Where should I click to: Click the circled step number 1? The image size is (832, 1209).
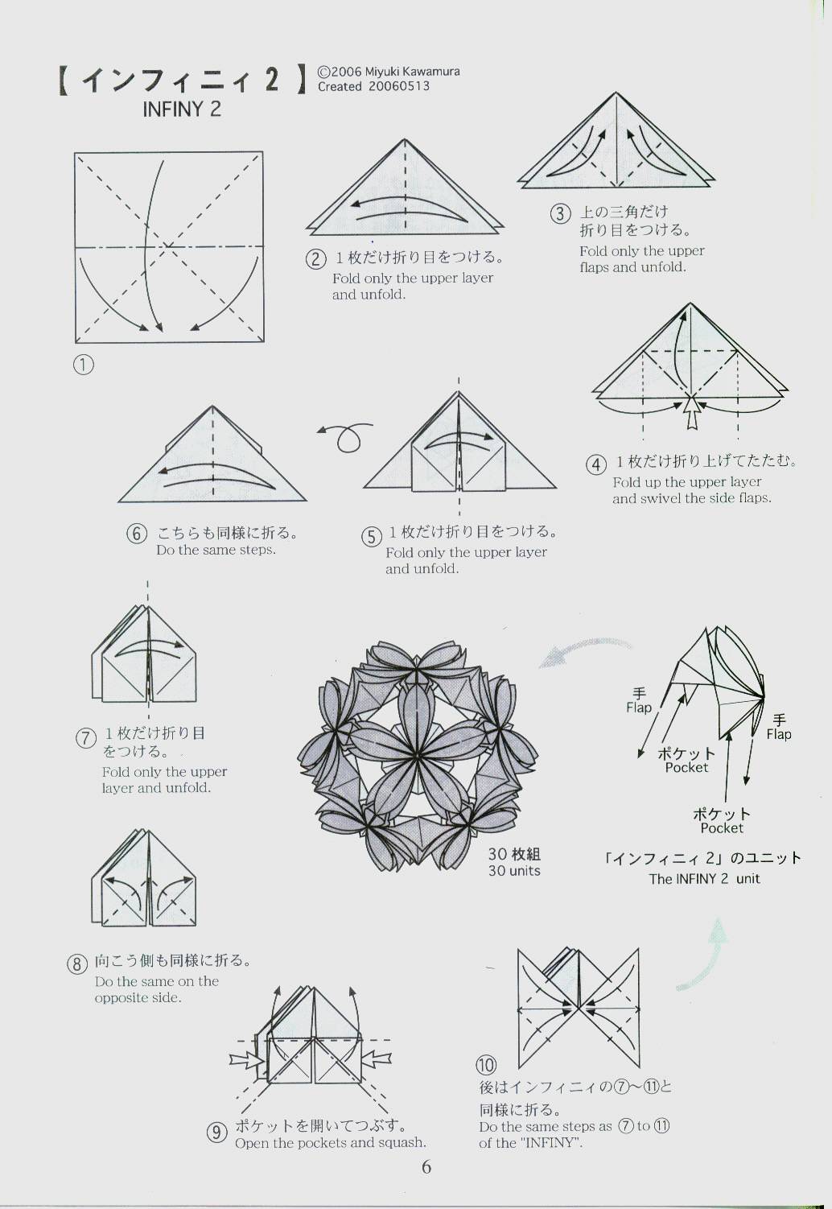84,365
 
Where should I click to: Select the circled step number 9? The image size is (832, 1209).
217,1132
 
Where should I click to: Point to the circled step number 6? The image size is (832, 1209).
137,534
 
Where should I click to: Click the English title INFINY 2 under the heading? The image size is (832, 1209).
182,109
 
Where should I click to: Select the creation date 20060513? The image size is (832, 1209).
399,86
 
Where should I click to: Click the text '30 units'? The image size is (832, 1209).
514,870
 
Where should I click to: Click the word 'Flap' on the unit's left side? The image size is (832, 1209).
639,708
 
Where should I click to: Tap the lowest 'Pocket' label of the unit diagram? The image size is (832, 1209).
722,828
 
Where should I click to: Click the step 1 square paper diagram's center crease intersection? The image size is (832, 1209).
168,246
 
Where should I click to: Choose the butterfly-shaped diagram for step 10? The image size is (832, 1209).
579,1009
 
